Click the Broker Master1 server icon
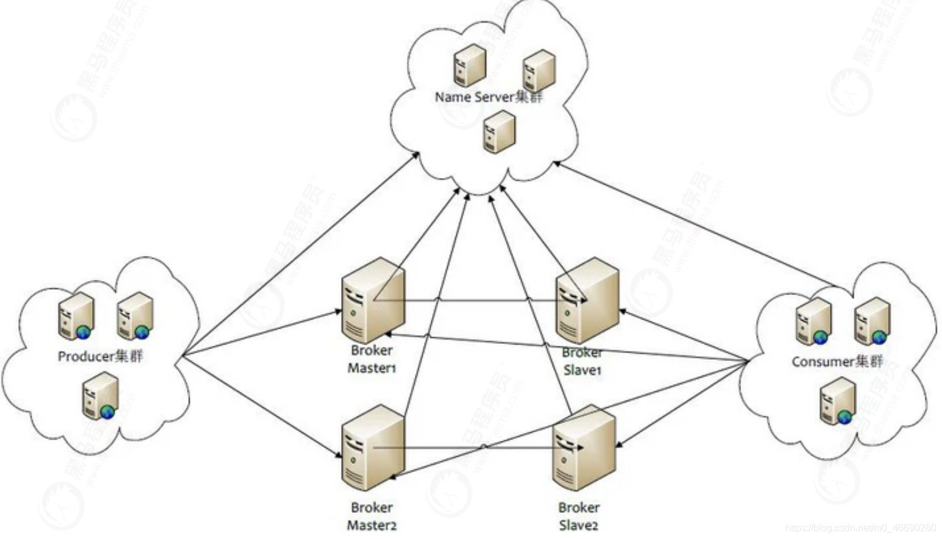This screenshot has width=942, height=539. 372,300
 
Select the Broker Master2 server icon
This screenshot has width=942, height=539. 372,448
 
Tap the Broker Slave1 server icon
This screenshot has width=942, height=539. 587,300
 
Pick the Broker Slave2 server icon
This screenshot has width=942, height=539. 584,448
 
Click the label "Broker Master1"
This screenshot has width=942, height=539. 372,359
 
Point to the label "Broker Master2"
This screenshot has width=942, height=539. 372,516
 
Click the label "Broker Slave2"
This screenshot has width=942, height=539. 579,516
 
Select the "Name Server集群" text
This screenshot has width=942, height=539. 489,97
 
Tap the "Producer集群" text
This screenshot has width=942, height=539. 101,356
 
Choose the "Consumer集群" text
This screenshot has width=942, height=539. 837,362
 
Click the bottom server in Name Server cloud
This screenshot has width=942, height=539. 499,131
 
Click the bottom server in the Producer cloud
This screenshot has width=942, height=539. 101,396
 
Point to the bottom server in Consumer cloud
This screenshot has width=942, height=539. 838,401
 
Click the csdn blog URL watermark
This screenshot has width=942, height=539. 860,528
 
